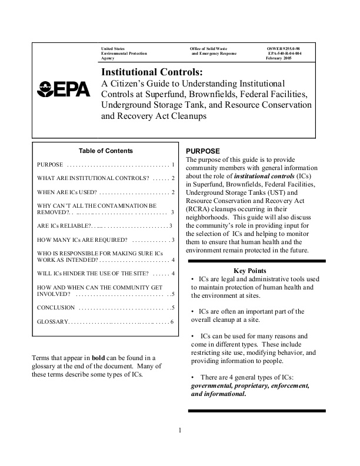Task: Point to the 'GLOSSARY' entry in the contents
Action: [x=53, y=322]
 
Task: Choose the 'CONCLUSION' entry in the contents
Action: [x=56, y=308]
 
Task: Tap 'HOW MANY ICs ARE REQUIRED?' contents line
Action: [x=82, y=240]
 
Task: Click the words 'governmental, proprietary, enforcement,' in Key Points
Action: [x=251, y=386]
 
